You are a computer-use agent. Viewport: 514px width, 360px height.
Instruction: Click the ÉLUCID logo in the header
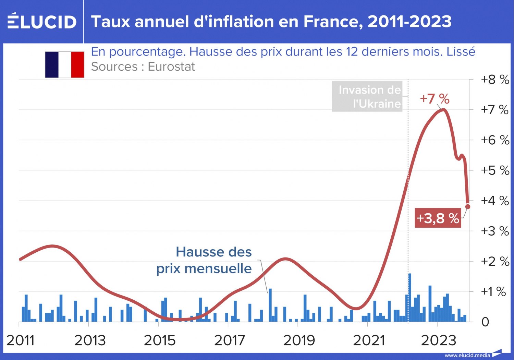coord(42,21)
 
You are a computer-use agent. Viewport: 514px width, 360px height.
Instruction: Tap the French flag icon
coord(64,65)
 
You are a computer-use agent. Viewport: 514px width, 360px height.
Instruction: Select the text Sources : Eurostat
coord(143,67)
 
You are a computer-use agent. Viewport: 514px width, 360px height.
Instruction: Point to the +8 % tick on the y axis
coord(495,80)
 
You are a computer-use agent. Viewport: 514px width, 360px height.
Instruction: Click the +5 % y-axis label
coord(495,170)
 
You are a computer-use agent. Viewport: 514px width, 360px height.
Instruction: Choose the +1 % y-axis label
coord(493,291)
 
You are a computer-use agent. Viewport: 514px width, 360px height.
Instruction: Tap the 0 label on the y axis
coord(485,322)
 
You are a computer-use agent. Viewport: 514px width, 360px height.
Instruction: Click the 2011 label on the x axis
coord(21,340)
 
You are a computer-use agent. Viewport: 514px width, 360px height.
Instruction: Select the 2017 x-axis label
coord(229,340)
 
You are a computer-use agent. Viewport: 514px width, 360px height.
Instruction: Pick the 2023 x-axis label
coord(438,340)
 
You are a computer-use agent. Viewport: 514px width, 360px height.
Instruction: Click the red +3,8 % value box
coord(438,218)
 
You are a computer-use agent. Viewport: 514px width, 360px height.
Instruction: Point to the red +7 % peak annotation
coord(435,99)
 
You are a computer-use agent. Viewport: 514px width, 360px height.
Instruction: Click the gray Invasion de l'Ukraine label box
coord(367,97)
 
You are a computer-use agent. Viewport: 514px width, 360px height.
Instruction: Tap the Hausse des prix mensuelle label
coord(204,260)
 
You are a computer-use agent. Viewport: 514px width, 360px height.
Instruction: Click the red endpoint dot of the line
coord(468,206)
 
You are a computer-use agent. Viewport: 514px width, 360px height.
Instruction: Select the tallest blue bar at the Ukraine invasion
coord(409,297)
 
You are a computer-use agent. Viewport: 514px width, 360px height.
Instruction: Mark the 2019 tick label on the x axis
coord(299,340)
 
